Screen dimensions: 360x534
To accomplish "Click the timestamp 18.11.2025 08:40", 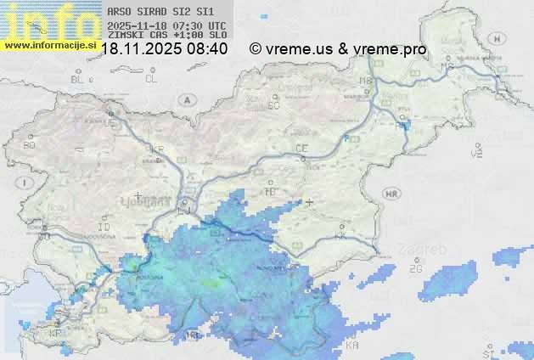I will click(164, 49).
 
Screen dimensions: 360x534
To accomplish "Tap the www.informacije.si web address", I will click(50, 44).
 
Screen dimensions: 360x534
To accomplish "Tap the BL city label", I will click(78, 79).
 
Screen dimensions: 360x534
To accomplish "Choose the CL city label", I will click(151, 79).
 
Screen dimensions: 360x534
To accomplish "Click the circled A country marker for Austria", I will click(186, 99).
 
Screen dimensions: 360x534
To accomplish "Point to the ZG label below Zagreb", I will click(415, 269).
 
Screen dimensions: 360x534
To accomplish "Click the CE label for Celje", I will click(301, 149).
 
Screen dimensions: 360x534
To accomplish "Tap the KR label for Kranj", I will click(156, 149).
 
